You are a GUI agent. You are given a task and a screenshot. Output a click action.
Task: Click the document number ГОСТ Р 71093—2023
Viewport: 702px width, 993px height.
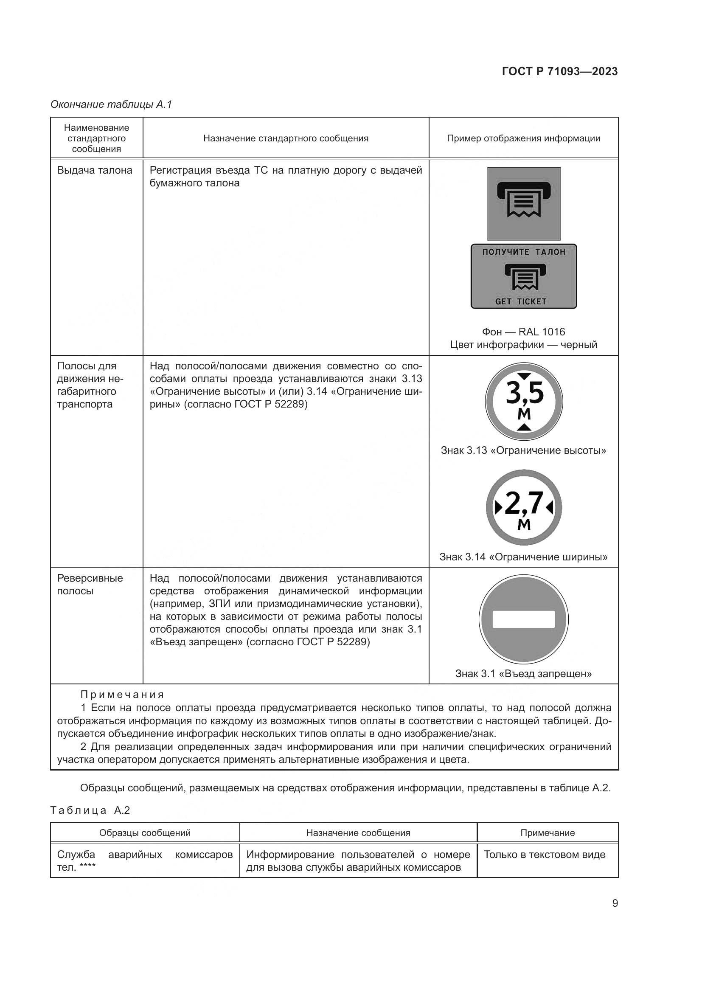[560, 72]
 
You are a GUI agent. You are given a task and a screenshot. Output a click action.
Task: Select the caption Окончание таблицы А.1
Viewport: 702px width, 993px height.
[111, 104]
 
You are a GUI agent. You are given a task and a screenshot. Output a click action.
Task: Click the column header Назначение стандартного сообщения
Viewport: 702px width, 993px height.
[286, 138]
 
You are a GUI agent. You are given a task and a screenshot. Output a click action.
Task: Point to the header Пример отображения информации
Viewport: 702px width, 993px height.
[523, 138]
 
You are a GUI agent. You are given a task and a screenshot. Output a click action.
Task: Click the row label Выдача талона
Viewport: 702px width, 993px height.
[95, 170]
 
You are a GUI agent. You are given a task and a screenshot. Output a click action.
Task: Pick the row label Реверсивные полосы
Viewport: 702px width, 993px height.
[90, 584]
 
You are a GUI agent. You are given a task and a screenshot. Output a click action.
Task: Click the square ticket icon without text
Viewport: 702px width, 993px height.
[524, 204]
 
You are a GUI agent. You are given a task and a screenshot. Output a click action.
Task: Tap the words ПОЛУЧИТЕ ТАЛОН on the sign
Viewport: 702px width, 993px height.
[524, 252]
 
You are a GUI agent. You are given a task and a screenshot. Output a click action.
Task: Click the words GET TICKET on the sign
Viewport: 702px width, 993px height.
[521, 301]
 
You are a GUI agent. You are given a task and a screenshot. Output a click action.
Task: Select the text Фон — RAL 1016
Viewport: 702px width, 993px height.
[523, 332]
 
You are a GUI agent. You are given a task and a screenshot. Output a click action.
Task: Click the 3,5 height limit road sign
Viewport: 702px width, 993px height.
[524, 402]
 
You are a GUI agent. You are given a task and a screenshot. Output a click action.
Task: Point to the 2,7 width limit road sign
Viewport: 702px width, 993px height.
[524, 507]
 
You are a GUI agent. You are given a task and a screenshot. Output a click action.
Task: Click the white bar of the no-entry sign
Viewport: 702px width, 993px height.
[523, 619]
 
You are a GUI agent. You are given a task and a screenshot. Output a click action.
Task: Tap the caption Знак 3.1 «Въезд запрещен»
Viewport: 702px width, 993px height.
[523, 673]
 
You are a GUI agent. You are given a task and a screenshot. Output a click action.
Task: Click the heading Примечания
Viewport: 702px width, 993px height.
[122, 695]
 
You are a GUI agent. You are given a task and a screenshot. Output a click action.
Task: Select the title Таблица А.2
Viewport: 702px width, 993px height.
[90, 810]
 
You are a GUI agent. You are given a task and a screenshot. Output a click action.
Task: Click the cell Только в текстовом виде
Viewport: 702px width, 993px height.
[545, 855]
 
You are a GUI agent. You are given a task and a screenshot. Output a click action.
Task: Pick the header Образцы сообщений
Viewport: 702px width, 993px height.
[145, 833]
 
